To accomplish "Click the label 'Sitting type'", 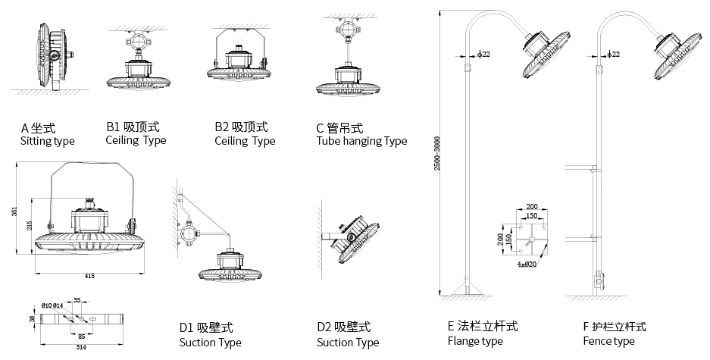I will [47, 141].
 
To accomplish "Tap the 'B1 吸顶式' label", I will [133, 127].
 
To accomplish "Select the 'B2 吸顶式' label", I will [241, 127].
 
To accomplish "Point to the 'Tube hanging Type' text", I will [361, 141].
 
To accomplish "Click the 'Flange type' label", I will [475, 341].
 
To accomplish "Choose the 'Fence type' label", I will [608, 341].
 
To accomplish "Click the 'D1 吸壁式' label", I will [205, 328].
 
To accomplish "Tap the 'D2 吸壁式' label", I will [344, 328].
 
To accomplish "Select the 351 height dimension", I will [14, 212].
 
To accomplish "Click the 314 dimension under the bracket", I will [81, 347].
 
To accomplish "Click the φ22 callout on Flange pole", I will [483, 55].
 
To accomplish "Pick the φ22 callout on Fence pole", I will [615, 55].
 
